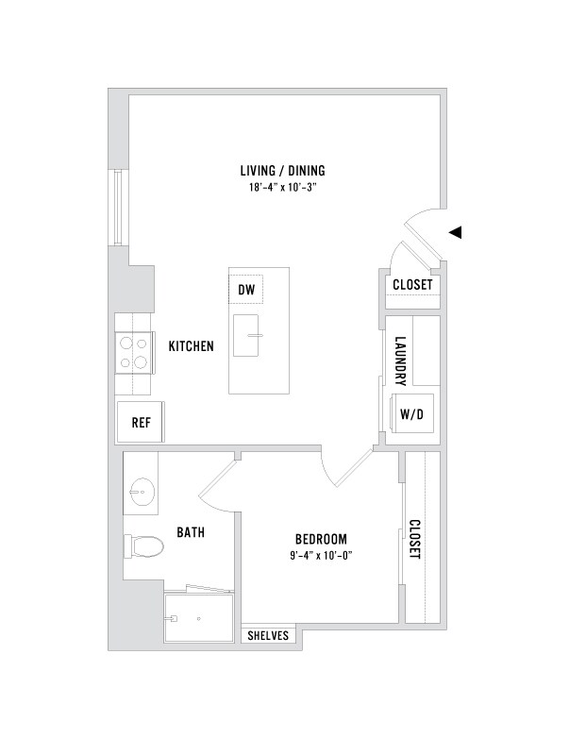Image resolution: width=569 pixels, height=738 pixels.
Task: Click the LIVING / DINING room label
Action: point(282,171)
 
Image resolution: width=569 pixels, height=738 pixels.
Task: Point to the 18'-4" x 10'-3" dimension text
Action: point(282,187)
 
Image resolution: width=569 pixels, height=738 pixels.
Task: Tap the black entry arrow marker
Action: point(456,232)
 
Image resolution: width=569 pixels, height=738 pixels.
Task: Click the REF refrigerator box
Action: point(142,422)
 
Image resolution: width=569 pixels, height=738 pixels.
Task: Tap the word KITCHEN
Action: point(192,346)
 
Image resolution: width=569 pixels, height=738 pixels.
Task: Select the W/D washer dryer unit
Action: point(410,413)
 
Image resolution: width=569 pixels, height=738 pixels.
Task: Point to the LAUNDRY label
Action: point(400,361)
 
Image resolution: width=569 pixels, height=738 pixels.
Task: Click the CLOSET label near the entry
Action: point(412,284)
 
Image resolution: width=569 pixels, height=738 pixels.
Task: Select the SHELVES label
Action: point(268,636)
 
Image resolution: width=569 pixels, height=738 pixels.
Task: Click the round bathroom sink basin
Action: point(142,491)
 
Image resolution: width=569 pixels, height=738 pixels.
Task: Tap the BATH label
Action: point(192,533)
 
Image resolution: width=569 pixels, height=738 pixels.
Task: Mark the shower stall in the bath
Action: point(198,617)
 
